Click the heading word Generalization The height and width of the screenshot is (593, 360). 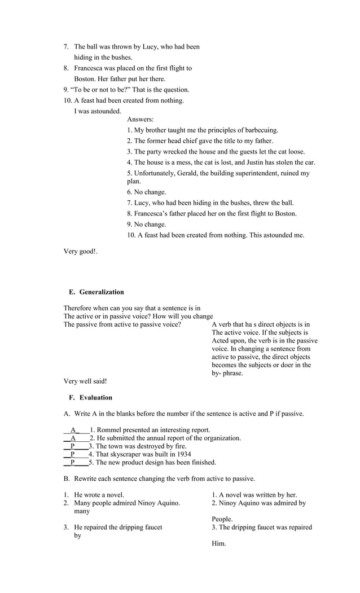point(102,292)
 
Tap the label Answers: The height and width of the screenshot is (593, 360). point(141,120)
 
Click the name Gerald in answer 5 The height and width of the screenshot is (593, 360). point(185,174)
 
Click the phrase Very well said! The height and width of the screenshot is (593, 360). point(85,381)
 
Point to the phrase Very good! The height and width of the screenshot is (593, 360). point(81,252)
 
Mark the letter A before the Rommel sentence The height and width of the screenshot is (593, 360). point(73,430)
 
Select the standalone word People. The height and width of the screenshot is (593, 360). point(222,519)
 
